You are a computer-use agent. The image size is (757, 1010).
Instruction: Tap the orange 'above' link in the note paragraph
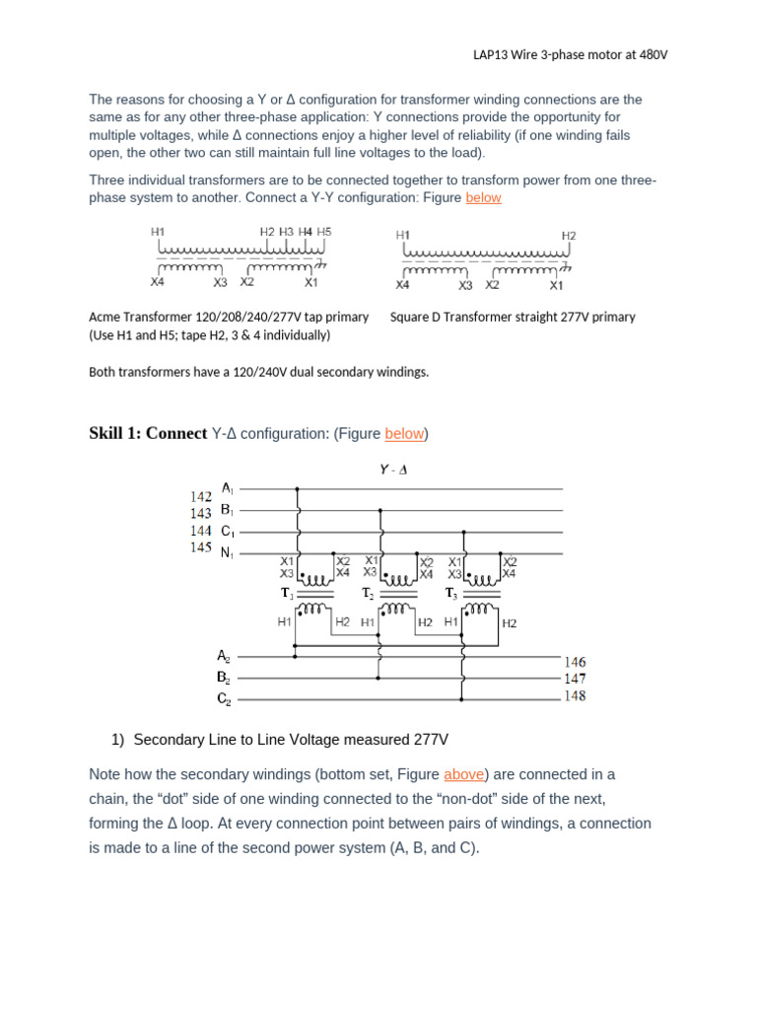pos(462,775)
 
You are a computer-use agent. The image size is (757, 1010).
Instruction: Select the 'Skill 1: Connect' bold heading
pos(148,434)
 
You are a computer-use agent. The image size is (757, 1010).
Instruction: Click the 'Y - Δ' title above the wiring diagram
pos(393,470)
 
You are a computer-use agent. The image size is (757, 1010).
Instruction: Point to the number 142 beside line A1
pos(200,496)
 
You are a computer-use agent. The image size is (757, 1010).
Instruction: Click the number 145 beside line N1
pos(200,547)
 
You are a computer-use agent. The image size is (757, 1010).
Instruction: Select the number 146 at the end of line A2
pos(575,663)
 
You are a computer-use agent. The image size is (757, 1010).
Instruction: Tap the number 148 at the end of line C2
pos(575,696)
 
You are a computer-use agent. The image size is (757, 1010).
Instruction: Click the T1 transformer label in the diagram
pos(287,594)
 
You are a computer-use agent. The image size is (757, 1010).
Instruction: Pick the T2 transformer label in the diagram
pos(367,594)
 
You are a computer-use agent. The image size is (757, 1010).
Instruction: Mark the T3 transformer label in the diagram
pos(451,594)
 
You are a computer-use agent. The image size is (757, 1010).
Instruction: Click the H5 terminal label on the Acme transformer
pos(324,232)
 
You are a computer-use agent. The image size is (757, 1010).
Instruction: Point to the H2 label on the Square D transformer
pos(569,236)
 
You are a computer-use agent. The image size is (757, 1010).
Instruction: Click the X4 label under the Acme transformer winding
pos(158,282)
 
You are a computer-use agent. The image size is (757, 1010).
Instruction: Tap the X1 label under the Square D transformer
pos(556,286)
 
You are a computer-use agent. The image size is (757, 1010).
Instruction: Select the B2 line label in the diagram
pos(225,678)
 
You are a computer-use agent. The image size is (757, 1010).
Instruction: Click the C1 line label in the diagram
pos(227,531)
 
